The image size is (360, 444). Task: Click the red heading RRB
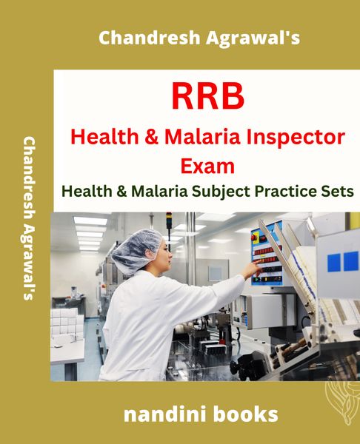coord(208,96)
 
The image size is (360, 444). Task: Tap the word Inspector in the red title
coord(296,137)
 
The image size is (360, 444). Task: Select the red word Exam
coord(208,166)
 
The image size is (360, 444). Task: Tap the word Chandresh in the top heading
coord(150,38)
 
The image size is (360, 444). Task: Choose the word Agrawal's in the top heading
coord(253,38)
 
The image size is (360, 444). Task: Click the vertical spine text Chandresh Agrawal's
coord(29,218)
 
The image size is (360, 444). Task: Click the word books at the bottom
coord(245,414)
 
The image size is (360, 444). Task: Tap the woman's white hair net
coord(136,250)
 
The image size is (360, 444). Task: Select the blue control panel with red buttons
coord(267,254)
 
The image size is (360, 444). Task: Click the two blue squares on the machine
coord(342,262)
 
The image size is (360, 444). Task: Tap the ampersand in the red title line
coord(152,137)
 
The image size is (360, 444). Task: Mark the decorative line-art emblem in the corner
coord(342,403)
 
